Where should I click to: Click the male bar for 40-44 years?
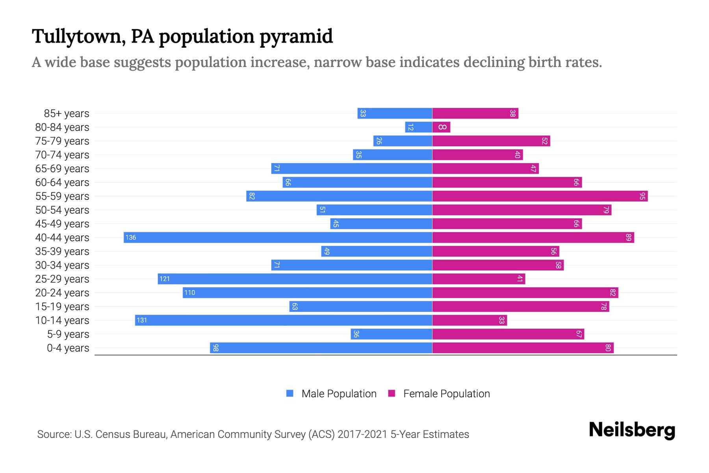coord(278,237)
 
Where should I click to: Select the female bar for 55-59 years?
coord(540,196)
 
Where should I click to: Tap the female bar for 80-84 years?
coord(441,127)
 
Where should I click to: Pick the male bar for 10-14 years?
coord(284,320)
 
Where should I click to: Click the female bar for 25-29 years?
coord(479,279)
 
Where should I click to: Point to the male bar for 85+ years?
coord(395,113)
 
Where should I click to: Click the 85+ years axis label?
coord(67,114)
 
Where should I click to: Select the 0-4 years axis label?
coord(68,348)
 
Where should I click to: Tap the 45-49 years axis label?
coord(62,224)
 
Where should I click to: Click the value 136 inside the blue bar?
coord(131,237)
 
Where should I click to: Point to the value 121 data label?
coord(165,279)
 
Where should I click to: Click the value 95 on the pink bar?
coord(642,196)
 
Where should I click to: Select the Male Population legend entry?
coord(339,393)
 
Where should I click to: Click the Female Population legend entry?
coord(446,393)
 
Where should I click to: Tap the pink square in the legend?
coord(392,393)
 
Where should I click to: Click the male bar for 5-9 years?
coord(391,334)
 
